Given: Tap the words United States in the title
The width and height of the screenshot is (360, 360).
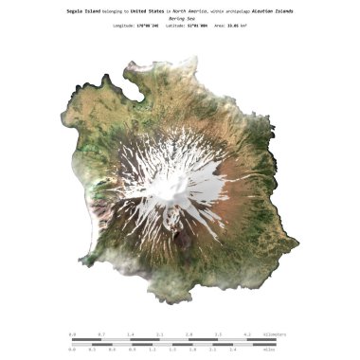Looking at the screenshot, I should coord(147,10).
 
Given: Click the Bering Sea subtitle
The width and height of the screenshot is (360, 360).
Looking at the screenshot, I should coord(179,18).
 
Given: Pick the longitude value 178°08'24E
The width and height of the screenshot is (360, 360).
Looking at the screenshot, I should coord(150,26).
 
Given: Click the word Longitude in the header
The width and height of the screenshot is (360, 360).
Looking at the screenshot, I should coord(124,26).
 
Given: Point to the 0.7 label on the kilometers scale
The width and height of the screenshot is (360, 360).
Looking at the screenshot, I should coord(101,334).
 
